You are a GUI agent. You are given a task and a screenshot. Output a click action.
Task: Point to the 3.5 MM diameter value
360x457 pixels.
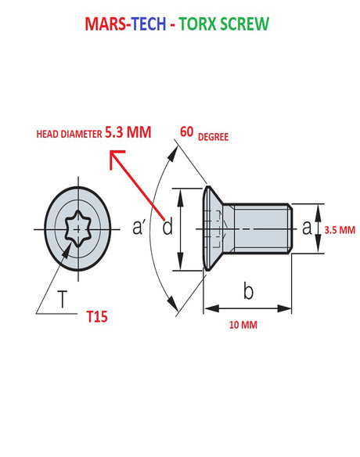(x=339, y=230)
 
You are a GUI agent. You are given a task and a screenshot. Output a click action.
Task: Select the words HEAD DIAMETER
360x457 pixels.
(x=69, y=135)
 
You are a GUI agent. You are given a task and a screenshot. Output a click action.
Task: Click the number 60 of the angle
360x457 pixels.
(x=187, y=131)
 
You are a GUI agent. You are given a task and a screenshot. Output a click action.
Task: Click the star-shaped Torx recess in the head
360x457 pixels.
(x=78, y=228)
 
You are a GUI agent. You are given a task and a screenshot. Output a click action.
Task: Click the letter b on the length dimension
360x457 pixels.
(x=248, y=292)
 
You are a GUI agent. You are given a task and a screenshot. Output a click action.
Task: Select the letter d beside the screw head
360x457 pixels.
(x=167, y=228)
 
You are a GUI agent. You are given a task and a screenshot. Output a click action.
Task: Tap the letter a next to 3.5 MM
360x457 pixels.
(x=307, y=228)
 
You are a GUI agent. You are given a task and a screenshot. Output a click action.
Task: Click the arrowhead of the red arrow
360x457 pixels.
(x=113, y=158)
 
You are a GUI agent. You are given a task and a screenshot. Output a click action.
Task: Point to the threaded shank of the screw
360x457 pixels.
(x=262, y=228)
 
